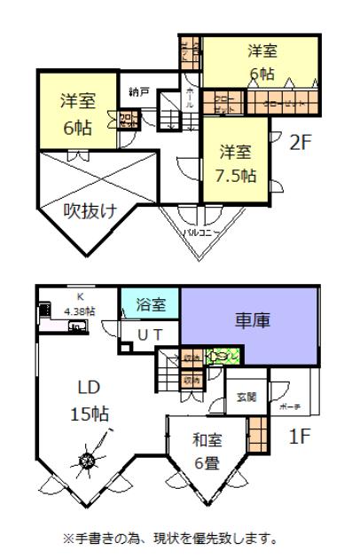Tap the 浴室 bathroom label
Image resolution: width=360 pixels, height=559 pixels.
(x=149, y=304)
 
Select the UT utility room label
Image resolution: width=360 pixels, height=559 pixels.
(x=148, y=335)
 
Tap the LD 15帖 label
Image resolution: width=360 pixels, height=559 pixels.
(x=91, y=402)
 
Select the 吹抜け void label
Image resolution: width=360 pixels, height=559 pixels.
(x=89, y=209)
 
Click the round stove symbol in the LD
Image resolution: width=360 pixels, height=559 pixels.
(x=88, y=461)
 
